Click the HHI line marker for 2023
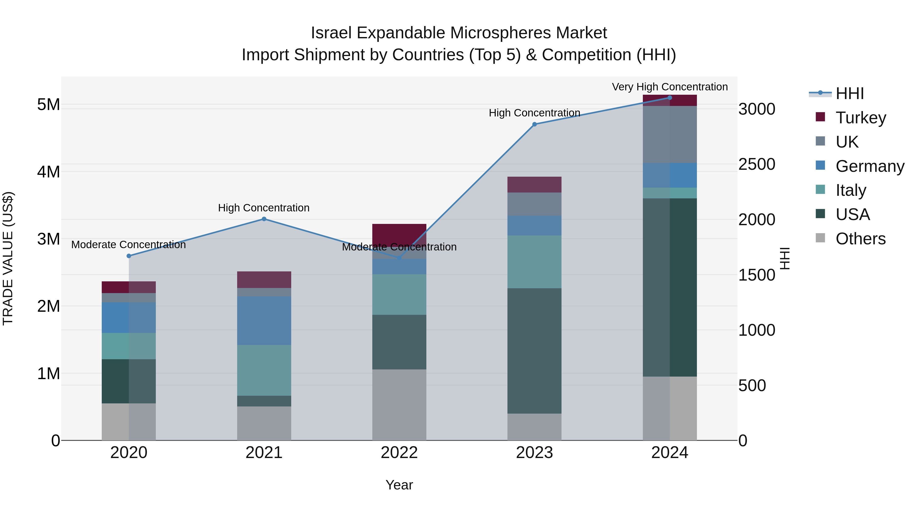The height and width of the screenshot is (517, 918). click(x=534, y=124)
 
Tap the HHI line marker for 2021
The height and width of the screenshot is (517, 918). click(x=264, y=219)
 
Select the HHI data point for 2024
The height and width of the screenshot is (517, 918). click(x=670, y=98)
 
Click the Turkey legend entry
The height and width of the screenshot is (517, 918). click(x=860, y=118)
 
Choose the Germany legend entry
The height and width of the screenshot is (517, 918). click(x=870, y=166)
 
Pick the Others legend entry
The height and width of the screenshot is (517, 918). click(x=860, y=239)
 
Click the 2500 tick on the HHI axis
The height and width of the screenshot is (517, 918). click(x=757, y=164)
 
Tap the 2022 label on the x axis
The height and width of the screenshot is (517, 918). click(x=399, y=453)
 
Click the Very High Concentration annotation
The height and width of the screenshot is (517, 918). click(x=670, y=87)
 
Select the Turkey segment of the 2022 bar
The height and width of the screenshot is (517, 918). click(x=399, y=233)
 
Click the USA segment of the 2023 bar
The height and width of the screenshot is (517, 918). click(x=534, y=351)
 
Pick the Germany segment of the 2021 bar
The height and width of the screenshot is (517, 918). click(x=264, y=320)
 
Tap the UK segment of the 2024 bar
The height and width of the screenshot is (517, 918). click(x=670, y=135)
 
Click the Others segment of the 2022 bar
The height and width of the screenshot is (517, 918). click(x=399, y=405)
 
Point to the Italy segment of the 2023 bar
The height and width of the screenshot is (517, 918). click(x=534, y=261)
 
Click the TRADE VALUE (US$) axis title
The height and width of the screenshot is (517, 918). click(x=8, y=258)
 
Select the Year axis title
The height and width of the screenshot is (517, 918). click(x=399, y=485)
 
